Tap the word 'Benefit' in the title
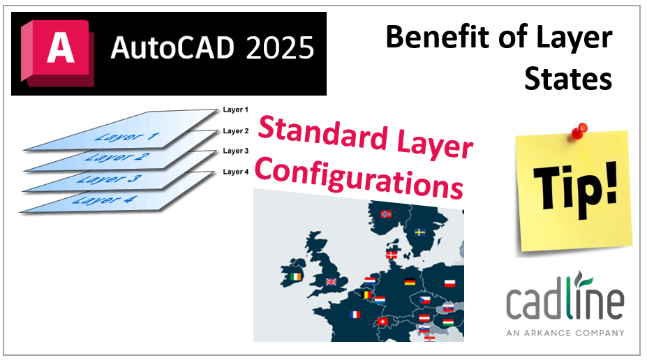[436, 38]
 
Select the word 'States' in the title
[568, 79]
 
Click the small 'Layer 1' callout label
[235, 110]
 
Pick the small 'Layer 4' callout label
[235, 172]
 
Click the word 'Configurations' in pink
[358, 174]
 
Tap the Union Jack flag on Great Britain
[331, 281]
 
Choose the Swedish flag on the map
[420, 232]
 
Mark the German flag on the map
[410, 282]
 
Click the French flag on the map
[355, 314]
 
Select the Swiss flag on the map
[382, 322]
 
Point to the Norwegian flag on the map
[386, 214]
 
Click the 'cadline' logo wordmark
[565, 301]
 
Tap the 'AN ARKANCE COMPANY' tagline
[565, 333]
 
